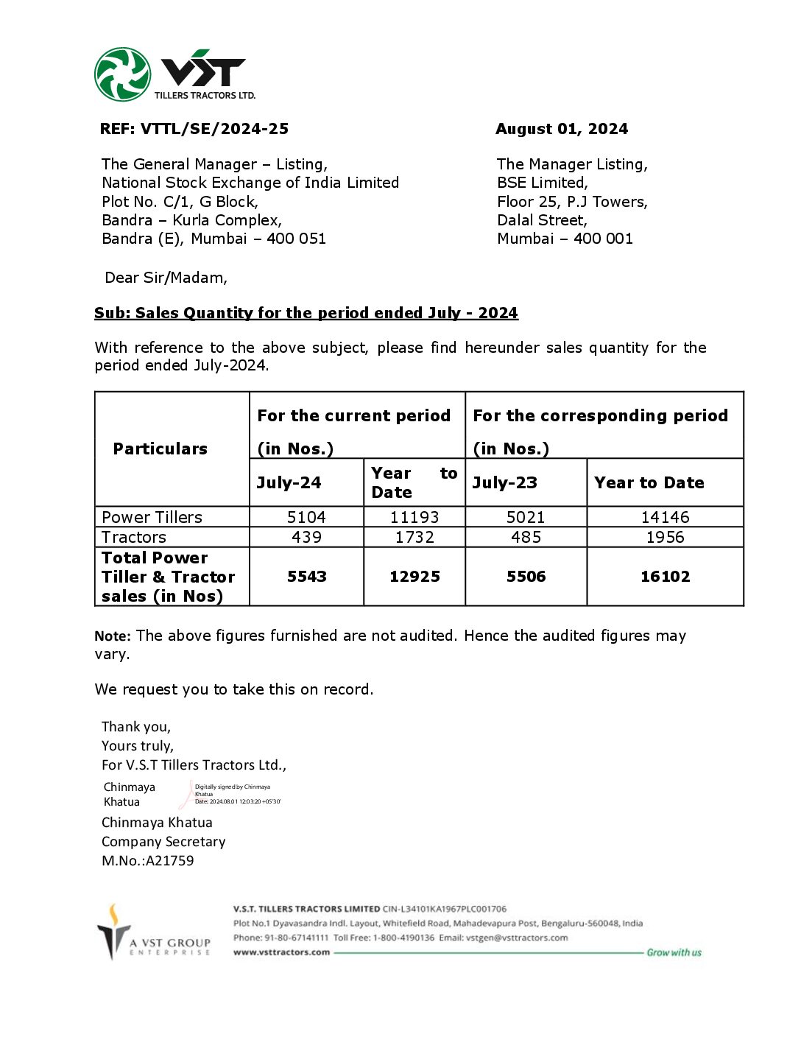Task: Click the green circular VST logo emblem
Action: tap(123, 74)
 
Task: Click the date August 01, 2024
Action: tap(562, 129)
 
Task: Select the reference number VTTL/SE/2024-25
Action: tap(214, 129)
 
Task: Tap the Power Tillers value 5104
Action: tap(306, 517)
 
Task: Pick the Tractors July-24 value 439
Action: tap(306, 537)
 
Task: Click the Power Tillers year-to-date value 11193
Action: tap(414, 517)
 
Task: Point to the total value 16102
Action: tap(665, 577)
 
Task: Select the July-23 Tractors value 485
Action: tap(526, 537)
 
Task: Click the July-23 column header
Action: tap(505, 482)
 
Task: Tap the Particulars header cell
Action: tap(160, 449)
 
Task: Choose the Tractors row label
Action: tap(134, 537)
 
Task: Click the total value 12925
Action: tap(414, 577)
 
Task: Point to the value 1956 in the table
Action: tap(665, 537)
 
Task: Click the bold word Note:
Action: tap(113, 636)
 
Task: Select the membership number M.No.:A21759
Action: tap(148, 860)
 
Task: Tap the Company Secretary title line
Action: tap(163, 841)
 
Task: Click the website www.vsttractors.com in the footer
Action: tap(281, 952)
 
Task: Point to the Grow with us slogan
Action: tap(674, 952)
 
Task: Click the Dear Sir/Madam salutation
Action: tap(166, 278)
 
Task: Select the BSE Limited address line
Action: tap(543, 183)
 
